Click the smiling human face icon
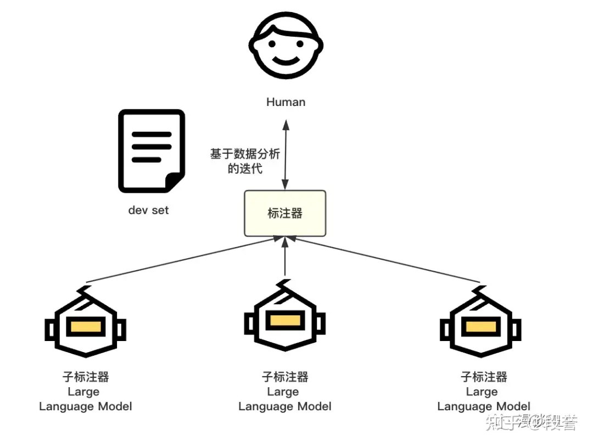pos(285,46)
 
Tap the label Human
pos(286,102)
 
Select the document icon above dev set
pos(152,152)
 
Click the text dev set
pos(149,210)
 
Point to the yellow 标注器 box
pos(285,214)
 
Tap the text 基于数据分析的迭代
pos(245,161)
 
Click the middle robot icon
pos(285,321)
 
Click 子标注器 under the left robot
pos(86,377)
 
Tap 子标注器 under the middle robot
pos(285,377)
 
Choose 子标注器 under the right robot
pos(484,377)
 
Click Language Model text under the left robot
pos(86,407)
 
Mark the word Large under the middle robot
pos(283,392)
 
